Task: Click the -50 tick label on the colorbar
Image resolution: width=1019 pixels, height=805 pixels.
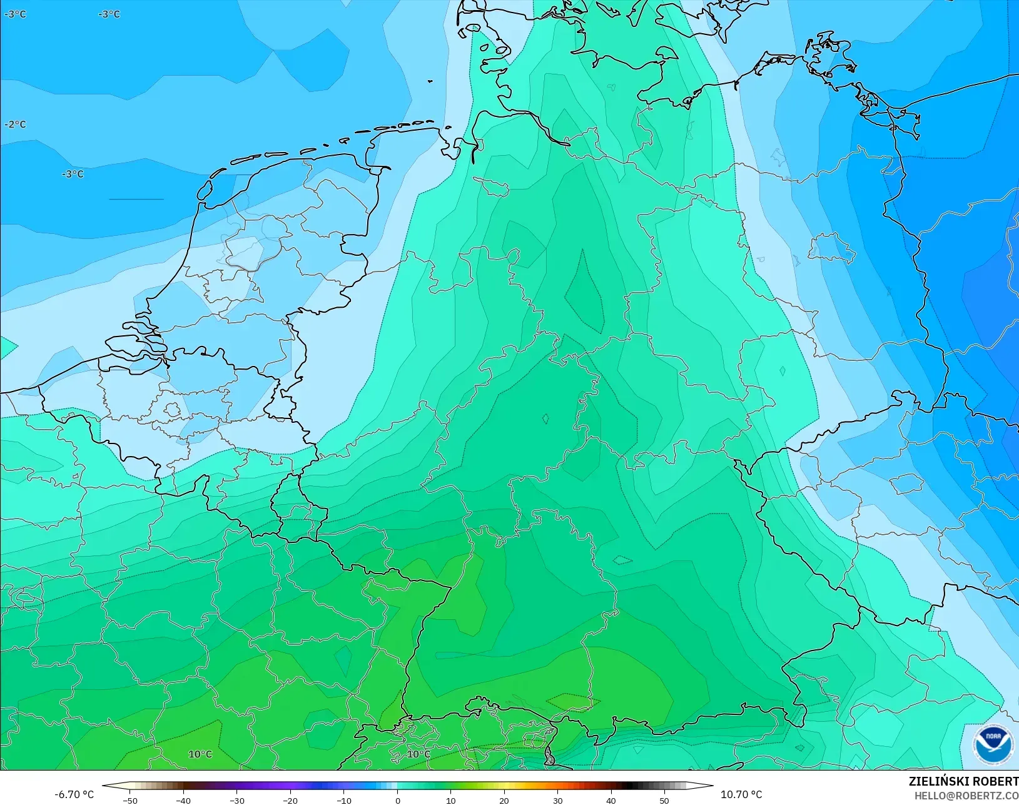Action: pyautogui.click(x=129, y=800)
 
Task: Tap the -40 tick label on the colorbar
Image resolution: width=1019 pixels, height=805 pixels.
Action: pyautogui.click(x=183, y=800)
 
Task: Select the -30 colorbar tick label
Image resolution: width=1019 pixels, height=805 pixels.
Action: pyautogui.click(x=236, y=800)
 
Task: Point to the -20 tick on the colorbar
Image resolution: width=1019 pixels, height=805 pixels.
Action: pyautogui.click(x=290, y=800)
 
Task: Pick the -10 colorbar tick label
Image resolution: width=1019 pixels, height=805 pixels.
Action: pyautogui.click(x=343, y=800)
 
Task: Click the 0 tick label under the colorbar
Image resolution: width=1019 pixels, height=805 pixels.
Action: pyautogui.click(x=397, y=800)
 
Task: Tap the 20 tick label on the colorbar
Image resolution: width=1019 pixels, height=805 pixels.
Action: pyautogui.click(x=504, y=800)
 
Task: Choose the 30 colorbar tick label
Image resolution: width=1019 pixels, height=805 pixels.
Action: pyautogui.click(x=557, y=800)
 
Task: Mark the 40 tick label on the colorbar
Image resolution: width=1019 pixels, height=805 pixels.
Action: pyautogui.click(x=611, y=800)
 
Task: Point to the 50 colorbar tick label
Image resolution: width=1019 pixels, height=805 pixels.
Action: pyautogui.click(x=664, y=800)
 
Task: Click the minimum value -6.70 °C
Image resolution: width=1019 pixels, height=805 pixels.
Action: pyautogui.click(x=74, y=794)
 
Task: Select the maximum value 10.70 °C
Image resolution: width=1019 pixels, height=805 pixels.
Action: pyautogui.click(x=741, y=794)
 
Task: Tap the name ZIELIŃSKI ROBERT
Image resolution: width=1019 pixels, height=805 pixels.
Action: pyautogui.click(x=963, y=782)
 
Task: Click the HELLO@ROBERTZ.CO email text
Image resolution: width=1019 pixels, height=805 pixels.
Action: pyautogui.click(x=966, y=796)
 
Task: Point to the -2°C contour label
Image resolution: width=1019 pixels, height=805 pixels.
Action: pyautogui.click(x=15, y=124)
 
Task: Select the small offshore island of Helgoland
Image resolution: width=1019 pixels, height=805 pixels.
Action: pyautogui.click(x=431, y=81)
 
